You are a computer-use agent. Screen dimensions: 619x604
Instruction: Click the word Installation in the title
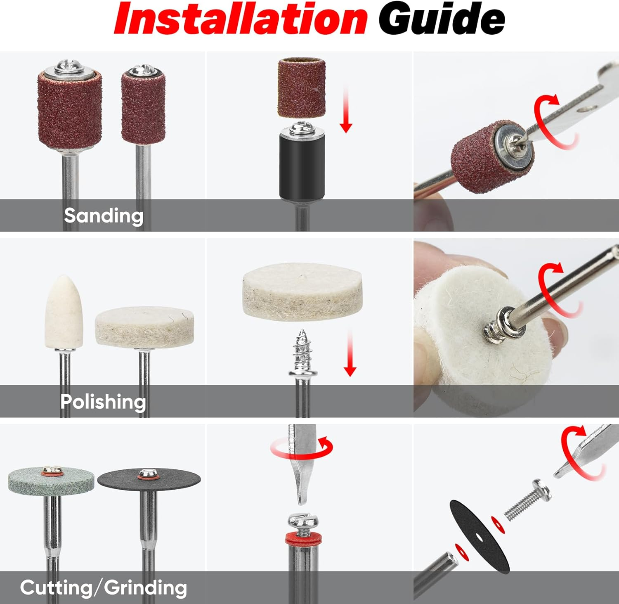241,19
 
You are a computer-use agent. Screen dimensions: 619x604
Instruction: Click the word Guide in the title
442,19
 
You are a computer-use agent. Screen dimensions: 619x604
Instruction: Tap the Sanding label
104,216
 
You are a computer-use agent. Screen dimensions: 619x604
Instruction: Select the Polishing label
103,402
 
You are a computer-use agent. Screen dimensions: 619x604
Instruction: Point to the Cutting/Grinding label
104,587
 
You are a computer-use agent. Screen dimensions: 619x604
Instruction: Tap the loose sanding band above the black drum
302,88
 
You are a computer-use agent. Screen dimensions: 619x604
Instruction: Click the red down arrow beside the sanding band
346,109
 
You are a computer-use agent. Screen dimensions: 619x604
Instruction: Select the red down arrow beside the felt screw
350,353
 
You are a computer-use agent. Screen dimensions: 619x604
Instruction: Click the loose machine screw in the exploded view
528,499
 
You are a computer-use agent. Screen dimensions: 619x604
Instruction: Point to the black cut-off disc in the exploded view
479,536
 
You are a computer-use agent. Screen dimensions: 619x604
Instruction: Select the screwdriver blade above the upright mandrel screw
302,464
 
